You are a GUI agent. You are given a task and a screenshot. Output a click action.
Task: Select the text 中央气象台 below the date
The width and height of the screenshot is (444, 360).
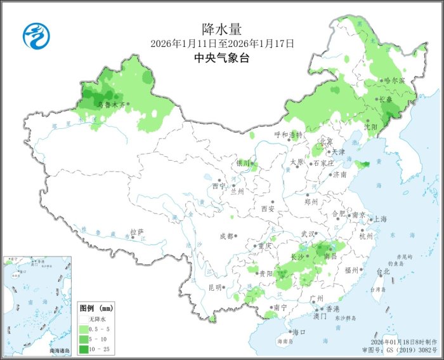[222, 58]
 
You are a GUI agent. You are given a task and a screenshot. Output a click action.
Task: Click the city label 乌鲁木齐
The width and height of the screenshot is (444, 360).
[110, 105]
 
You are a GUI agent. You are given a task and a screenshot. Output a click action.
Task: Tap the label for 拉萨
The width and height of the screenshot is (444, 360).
[137, 232]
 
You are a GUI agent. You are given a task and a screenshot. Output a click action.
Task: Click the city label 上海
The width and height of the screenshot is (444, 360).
[381, 218]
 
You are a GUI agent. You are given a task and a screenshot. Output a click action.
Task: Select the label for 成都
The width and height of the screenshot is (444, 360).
[226, 236]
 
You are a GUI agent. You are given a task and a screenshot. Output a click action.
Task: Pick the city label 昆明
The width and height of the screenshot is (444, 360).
[214, 287]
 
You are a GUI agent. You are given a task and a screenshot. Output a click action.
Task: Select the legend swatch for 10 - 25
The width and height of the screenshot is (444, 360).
[84, 349]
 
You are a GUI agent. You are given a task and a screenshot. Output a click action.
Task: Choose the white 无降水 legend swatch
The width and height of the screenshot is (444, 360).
[84, 318]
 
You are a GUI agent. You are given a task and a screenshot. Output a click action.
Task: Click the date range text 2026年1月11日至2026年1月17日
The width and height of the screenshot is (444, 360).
[222, 44]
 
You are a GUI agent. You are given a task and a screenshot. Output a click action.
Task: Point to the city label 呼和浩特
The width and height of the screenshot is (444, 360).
[289, 135]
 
